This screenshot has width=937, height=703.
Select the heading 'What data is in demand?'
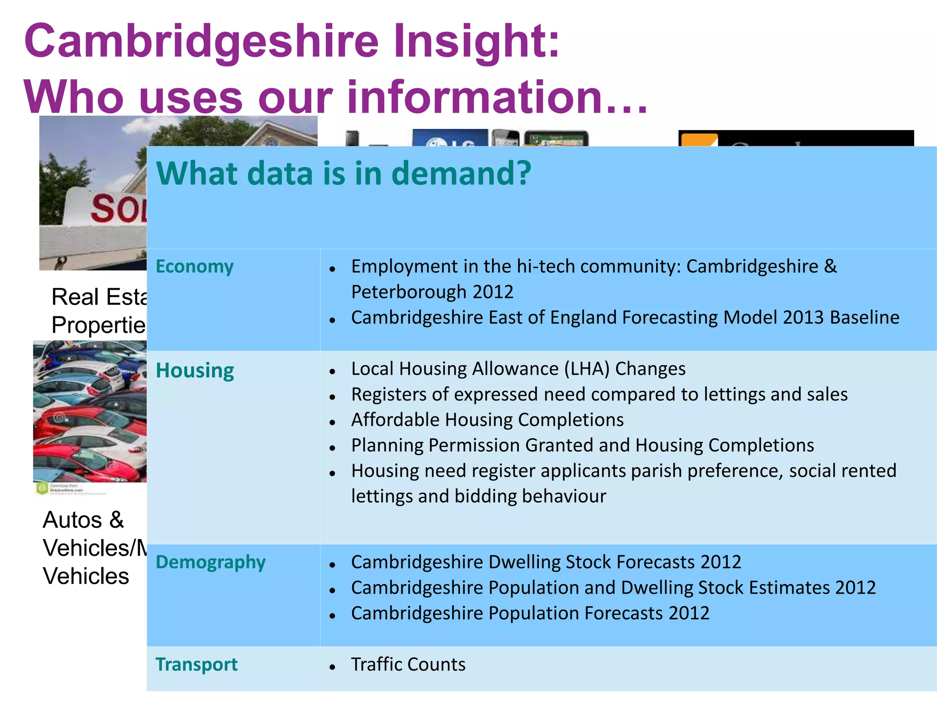point(344,173)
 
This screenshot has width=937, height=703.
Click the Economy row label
point(194,266)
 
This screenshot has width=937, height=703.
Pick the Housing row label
point(195,370)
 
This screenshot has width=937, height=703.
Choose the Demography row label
point(210,562)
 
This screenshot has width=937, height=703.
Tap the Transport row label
point(197,665)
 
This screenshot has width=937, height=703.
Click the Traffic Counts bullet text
point(408,665)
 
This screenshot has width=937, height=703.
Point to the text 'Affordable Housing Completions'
point(487,420)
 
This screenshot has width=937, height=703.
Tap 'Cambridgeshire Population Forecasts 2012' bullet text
point(530,613)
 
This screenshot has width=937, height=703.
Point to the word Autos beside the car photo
point(73,520)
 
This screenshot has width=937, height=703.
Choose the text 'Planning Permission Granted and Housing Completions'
point(582,445)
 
